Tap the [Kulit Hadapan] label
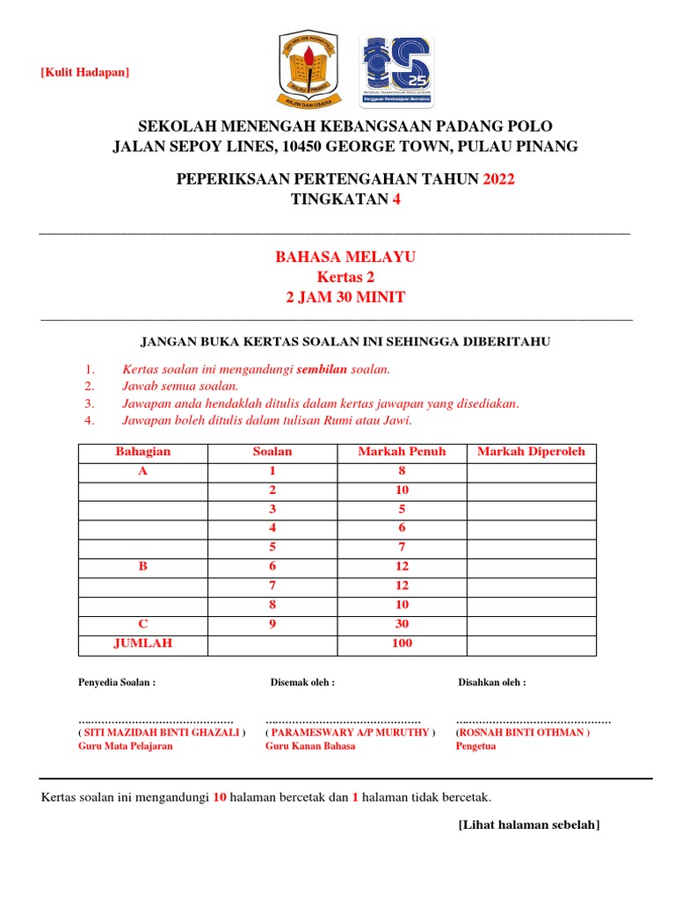click(84, 72)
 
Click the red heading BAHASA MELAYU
click(345, 257)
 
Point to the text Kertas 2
click(345, 277)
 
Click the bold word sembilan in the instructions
click(322, 370)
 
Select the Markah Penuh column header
click(402, 452)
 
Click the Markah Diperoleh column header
click(531, 452)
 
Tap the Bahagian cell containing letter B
click(143, 567)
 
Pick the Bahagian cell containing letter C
click(143, 624)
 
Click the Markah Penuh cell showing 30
click(402, 624)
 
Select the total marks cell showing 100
click(402, 643)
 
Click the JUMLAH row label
click(143, 643)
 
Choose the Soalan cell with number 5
click(272, 548)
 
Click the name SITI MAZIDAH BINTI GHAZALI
click(162, 732)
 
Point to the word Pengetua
click(475, 746)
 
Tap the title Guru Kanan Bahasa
click(310, 746)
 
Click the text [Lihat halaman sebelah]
click(529, 824)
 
